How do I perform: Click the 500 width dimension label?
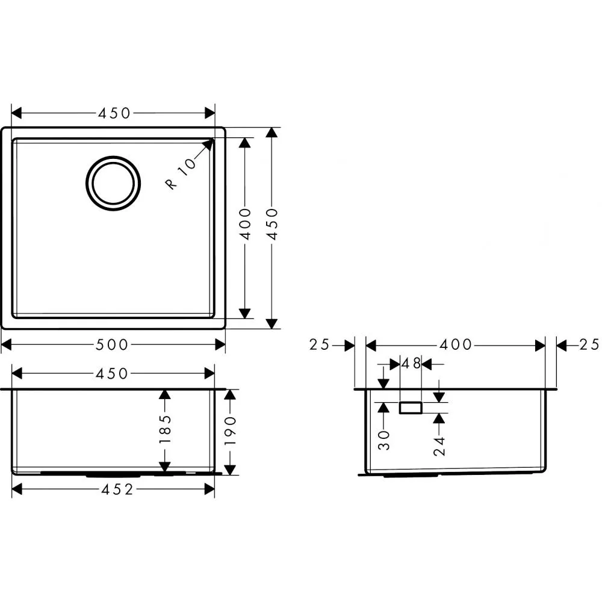(x=111, y=345)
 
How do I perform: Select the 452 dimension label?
(x=117, y=489)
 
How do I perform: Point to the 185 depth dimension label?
(x=165, y=429)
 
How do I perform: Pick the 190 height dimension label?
(x=230, y=431)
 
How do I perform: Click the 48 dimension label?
(x=411, y=363)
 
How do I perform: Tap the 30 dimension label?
(x=384, y=440)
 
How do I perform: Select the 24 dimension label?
(x=439, y=446)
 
